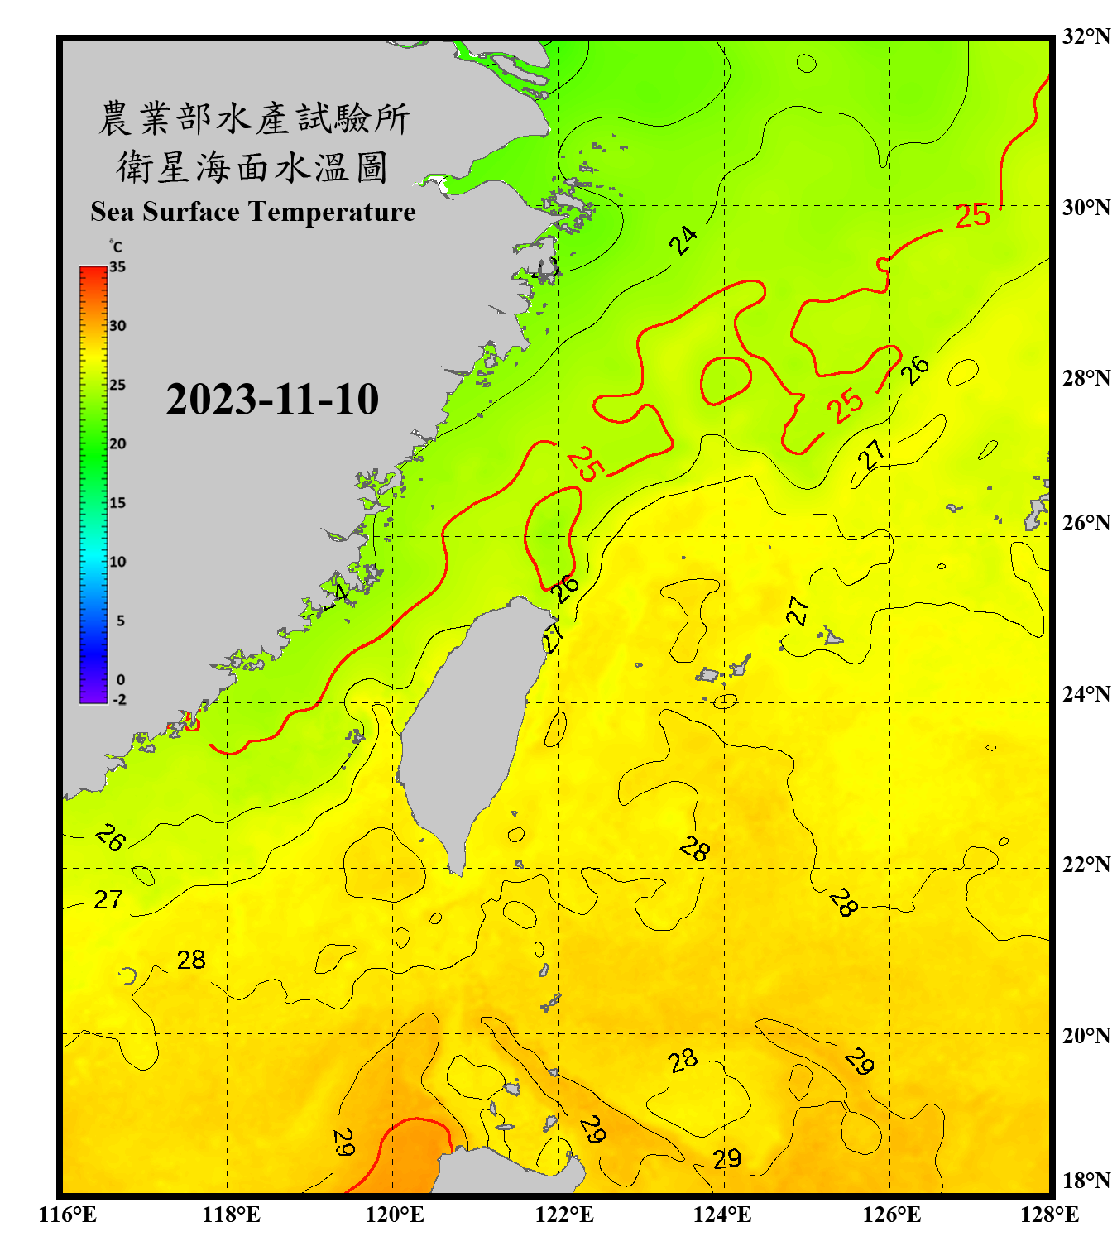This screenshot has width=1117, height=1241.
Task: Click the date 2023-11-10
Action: pos(272,399)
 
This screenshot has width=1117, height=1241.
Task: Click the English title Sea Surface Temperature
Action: pos(253,212)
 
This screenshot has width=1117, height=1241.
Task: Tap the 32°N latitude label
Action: pos(1086,36)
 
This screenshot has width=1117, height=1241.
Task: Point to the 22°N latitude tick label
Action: pos(1086,865)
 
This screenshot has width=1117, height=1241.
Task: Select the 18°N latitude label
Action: pos(1086,1181)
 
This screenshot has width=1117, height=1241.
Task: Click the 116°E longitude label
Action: pos(68,1215)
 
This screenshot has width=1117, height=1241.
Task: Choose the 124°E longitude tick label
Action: pos(722,1215)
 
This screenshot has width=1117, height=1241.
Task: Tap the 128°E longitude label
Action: pos(1049,1215)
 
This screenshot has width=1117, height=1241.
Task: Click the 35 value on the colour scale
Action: pos(117,267)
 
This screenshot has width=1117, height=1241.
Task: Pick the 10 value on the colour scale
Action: pos(117,562)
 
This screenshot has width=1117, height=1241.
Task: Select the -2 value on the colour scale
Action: pos(119,700)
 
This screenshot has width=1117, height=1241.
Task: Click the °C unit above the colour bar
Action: pos(116,247)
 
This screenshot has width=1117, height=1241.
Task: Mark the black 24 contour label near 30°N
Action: pos(683,241)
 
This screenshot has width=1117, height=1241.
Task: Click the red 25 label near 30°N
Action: pos(972,216)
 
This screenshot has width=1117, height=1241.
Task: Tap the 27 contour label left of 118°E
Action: pos(108,899)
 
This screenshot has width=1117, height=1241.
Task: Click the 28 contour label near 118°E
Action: pos(191,960)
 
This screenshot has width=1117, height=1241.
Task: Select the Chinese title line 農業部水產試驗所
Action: pos(254,118)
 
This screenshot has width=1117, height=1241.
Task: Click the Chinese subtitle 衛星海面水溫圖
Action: pos(252,167)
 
